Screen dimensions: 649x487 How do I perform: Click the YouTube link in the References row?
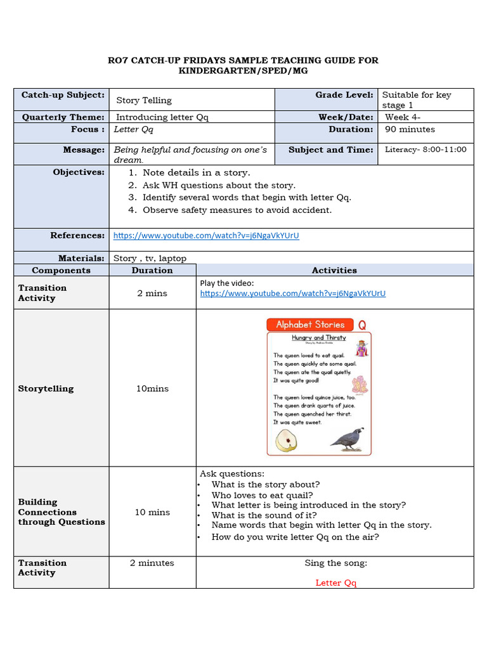click(x=206, y=236)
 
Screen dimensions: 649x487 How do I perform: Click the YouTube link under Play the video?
click(x=292, y=293)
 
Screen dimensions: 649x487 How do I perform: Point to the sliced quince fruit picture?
click(x=287, y=440)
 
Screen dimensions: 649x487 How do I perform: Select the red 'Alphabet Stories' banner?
click(x=310, y=324)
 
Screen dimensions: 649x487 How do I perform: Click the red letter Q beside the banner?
click(x=362, y=325)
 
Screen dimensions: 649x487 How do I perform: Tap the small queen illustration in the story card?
click(x=361, y=348)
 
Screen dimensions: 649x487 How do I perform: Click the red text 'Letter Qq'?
click(x=335, y=583)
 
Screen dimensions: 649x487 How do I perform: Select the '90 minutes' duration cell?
click(x=410, y=129)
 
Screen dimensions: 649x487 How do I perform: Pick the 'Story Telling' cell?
click(x=144, y=100)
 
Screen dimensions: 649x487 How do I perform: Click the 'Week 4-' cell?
click(x=403, y=117)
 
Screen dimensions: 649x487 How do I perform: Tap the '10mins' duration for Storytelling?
click(x=152, y=389)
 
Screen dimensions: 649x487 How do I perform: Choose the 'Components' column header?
click(x=61, y=270)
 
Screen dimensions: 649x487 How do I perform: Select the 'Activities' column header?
click(x=334, y=270)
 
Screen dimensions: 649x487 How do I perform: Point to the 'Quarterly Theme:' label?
click(x=63, y=117)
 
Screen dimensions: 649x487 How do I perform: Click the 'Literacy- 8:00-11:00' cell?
click(x=425, y=150)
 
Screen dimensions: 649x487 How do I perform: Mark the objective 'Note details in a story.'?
click(x=196, y=172)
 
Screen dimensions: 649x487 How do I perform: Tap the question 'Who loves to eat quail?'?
click(x=262, y=495)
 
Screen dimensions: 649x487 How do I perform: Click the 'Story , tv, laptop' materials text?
click(x=150, y=258)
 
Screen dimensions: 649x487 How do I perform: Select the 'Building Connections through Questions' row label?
click(x=62, y=512)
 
